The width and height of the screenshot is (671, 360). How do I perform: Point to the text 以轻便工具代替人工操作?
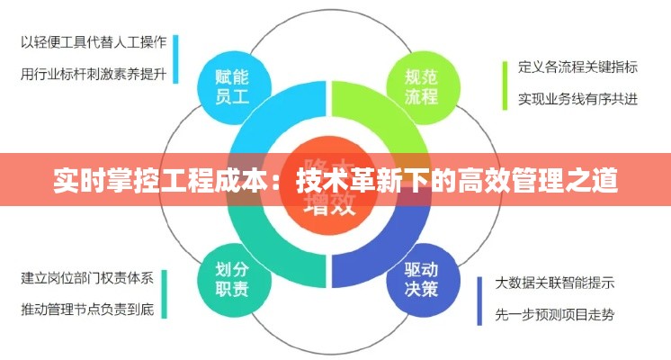pyautogui.click(x=93, y=41)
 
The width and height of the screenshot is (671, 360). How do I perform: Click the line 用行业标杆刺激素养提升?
pyautogui.click(x=93, y=75)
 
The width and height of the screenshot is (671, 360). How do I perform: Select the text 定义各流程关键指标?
pyautogui.click(x=578, y=67)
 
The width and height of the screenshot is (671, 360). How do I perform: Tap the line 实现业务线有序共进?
pyautogui.click(x=578, y=99)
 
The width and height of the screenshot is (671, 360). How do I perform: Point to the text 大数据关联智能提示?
pyautogui.click(x=555, y=283)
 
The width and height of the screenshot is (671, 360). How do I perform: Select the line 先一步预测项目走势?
pyautogui.click(x=555, y=315)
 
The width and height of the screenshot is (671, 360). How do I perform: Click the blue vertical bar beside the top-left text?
pyautogui.click(x=174, y=59)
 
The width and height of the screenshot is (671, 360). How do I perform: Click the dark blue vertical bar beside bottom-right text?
pyautogui.click(x=480, y=300)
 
